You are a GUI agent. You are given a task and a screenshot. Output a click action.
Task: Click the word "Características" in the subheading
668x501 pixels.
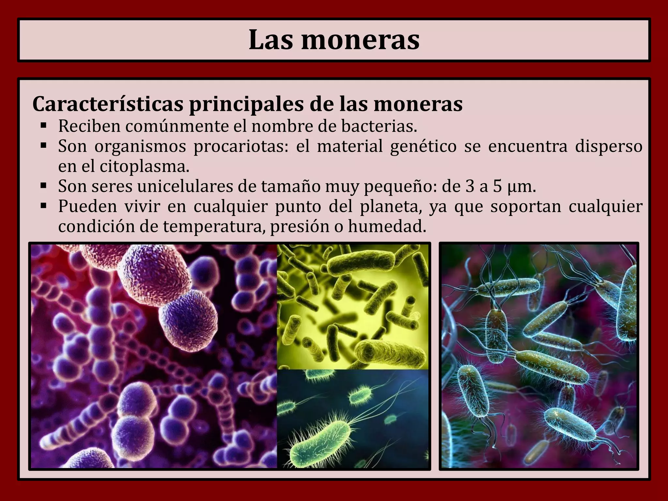tap(108, 104)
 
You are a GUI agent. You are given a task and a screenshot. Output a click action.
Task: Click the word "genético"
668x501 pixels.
tap(423, 146)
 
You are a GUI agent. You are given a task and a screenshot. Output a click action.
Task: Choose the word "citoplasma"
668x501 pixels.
tap(144, 167)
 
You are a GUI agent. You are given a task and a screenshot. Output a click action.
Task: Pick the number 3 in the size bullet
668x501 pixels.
tap(470, 187)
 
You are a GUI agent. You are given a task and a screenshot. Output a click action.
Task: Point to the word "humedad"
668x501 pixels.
tap(387, 227)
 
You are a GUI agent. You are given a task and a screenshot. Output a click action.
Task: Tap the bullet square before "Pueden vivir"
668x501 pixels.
tap(44, 206)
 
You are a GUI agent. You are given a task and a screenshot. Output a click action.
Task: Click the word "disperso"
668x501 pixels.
tap(609, 146)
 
